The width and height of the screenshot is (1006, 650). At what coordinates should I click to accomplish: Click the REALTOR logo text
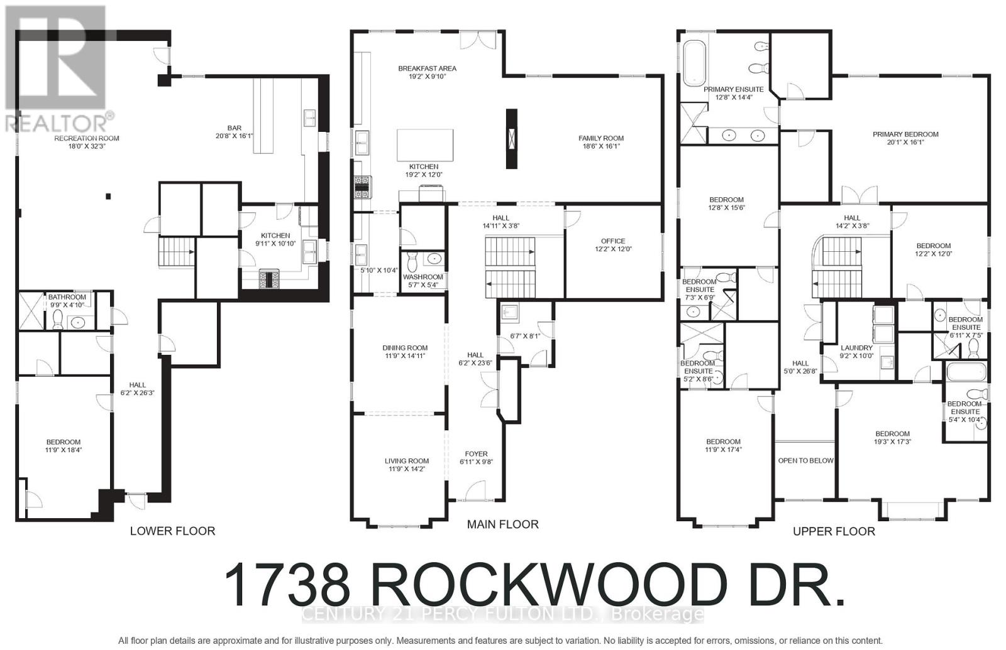60,121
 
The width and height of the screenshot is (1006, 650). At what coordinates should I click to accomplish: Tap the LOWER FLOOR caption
172,531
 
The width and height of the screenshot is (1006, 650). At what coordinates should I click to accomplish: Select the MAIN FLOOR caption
502,524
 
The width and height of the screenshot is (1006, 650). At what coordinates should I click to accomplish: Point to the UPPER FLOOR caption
834,532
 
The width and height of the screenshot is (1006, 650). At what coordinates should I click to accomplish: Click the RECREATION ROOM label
87,138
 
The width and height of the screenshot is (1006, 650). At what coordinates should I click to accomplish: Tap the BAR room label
235,127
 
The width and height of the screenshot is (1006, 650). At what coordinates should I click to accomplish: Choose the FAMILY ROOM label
601,138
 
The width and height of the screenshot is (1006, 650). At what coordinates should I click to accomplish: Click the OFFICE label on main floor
613,241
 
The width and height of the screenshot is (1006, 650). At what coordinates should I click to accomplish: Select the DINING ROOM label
405,348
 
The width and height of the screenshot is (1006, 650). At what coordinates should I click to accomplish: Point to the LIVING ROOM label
407,461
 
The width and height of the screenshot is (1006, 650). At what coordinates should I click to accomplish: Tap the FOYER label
476,454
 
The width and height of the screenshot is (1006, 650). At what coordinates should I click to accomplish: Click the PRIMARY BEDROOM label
905,134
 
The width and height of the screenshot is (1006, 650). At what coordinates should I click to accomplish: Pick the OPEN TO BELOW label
805,460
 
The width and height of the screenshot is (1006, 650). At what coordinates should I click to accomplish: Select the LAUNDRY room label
856,348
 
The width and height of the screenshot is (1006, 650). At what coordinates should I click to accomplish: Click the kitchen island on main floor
425,146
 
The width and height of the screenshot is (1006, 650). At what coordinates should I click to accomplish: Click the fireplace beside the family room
512,138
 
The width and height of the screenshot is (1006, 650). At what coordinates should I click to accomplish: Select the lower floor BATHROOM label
67,297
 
